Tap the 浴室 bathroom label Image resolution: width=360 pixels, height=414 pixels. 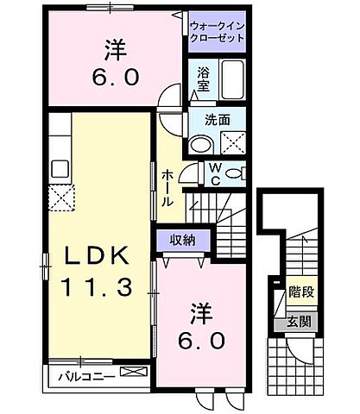point(203,79)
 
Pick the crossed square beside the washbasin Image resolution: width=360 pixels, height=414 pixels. point(231,142)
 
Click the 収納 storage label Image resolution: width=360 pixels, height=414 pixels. point(180,239)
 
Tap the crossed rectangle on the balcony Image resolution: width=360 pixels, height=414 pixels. point(134,373)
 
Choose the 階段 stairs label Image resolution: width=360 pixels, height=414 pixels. point(300,292)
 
